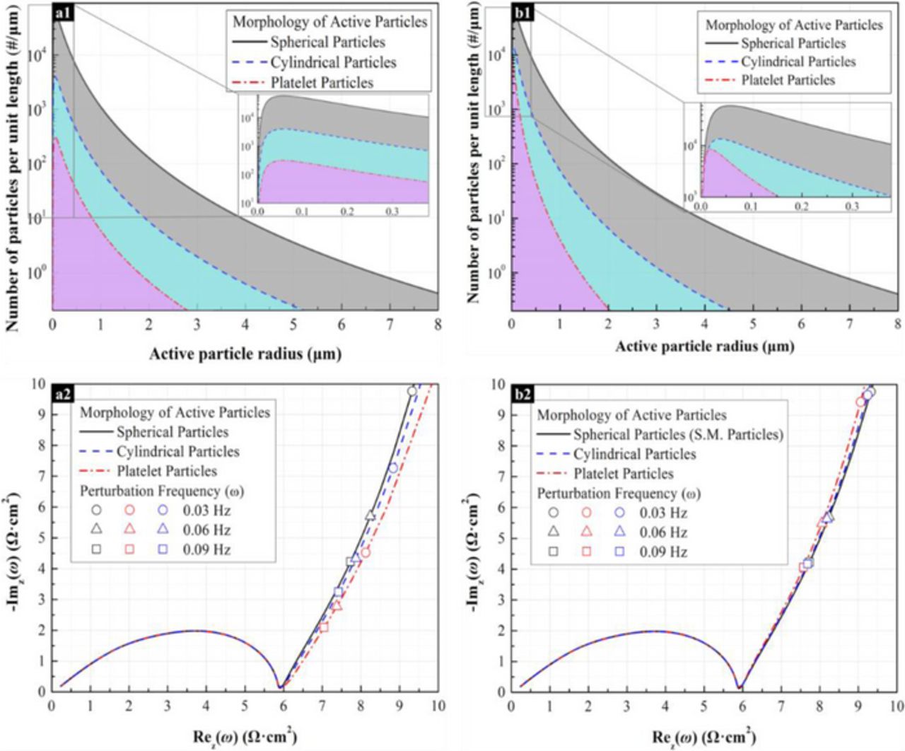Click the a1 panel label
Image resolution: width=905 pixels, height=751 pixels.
point(62,12)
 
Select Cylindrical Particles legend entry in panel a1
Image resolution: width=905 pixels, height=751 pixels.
point(333,63)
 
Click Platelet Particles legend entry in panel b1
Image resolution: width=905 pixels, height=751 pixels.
point(788,81)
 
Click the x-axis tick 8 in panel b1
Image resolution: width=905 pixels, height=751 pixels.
point(897,324)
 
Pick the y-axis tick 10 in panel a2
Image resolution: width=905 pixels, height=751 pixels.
point(38,384)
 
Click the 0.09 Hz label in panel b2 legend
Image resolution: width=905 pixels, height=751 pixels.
point(663,552)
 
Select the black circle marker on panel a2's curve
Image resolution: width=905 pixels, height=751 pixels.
point(412,391)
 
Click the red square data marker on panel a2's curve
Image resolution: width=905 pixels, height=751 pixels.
point(324,627)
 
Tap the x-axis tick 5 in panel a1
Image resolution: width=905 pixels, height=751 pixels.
point(293,324)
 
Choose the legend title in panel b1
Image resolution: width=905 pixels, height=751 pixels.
point(794,25)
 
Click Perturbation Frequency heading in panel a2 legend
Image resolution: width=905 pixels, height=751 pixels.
point(162,491)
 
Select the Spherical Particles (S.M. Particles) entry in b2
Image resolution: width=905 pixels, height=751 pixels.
point(678,435)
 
